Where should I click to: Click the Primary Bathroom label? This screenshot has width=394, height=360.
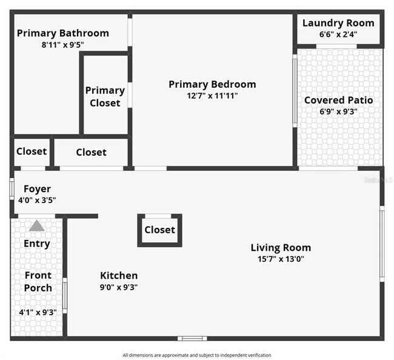(63, 33)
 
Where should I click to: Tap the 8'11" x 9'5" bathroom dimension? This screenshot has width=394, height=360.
(63, 45)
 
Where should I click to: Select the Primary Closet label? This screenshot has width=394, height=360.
(105, 97)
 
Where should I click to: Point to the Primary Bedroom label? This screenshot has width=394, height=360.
(212, 84)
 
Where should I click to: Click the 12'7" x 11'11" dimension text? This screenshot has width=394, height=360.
(212, 96)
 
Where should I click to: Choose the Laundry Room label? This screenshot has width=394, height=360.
(338, 23)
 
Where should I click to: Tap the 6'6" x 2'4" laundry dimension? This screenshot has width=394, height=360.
(338, 35)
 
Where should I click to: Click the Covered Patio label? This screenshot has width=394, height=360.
(338, 100)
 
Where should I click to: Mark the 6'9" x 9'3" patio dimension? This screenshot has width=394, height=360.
(338, 112)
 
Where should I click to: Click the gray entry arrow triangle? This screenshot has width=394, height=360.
(37, 225)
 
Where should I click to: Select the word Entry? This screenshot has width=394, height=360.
(37, 244)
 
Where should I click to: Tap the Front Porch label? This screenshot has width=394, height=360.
(38, 281)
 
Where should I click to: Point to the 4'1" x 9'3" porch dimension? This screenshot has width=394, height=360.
(38, 313)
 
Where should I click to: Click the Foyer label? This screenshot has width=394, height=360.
(37, 189)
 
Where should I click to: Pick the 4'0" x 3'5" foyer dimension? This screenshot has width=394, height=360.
(37, 201)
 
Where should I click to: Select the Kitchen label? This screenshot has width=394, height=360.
(119, 276)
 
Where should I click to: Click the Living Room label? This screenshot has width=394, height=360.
(281, 247)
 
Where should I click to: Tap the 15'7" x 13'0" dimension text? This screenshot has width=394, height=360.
(281, 259)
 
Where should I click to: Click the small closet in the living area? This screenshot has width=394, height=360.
(160, 230)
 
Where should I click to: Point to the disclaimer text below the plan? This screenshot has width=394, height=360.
(197, 355)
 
